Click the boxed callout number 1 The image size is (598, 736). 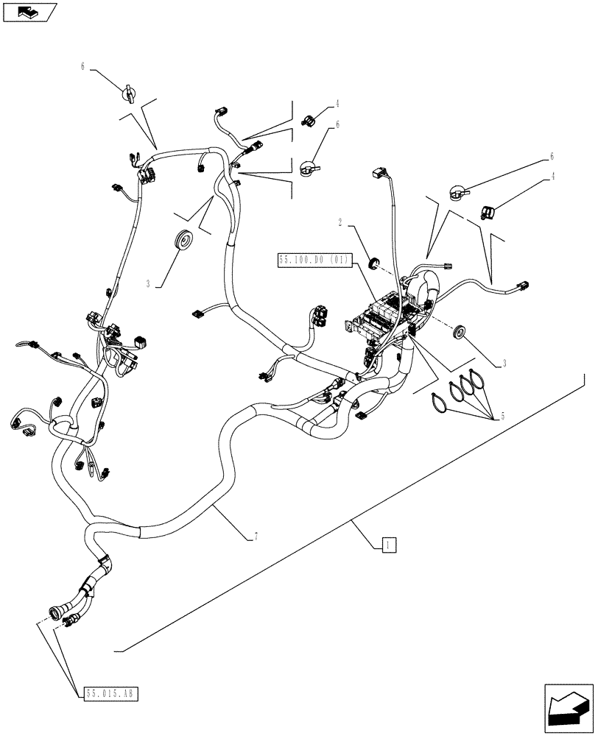(389, 545)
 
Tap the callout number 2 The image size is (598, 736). (340, 221)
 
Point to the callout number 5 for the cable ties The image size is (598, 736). (502, 416)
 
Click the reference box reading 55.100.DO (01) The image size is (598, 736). (314, 260)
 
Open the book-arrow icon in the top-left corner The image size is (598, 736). (29, 11)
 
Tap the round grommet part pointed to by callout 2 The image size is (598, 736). (373, 260)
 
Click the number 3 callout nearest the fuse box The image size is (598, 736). (503, 363)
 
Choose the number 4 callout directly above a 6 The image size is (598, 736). (337, 104)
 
